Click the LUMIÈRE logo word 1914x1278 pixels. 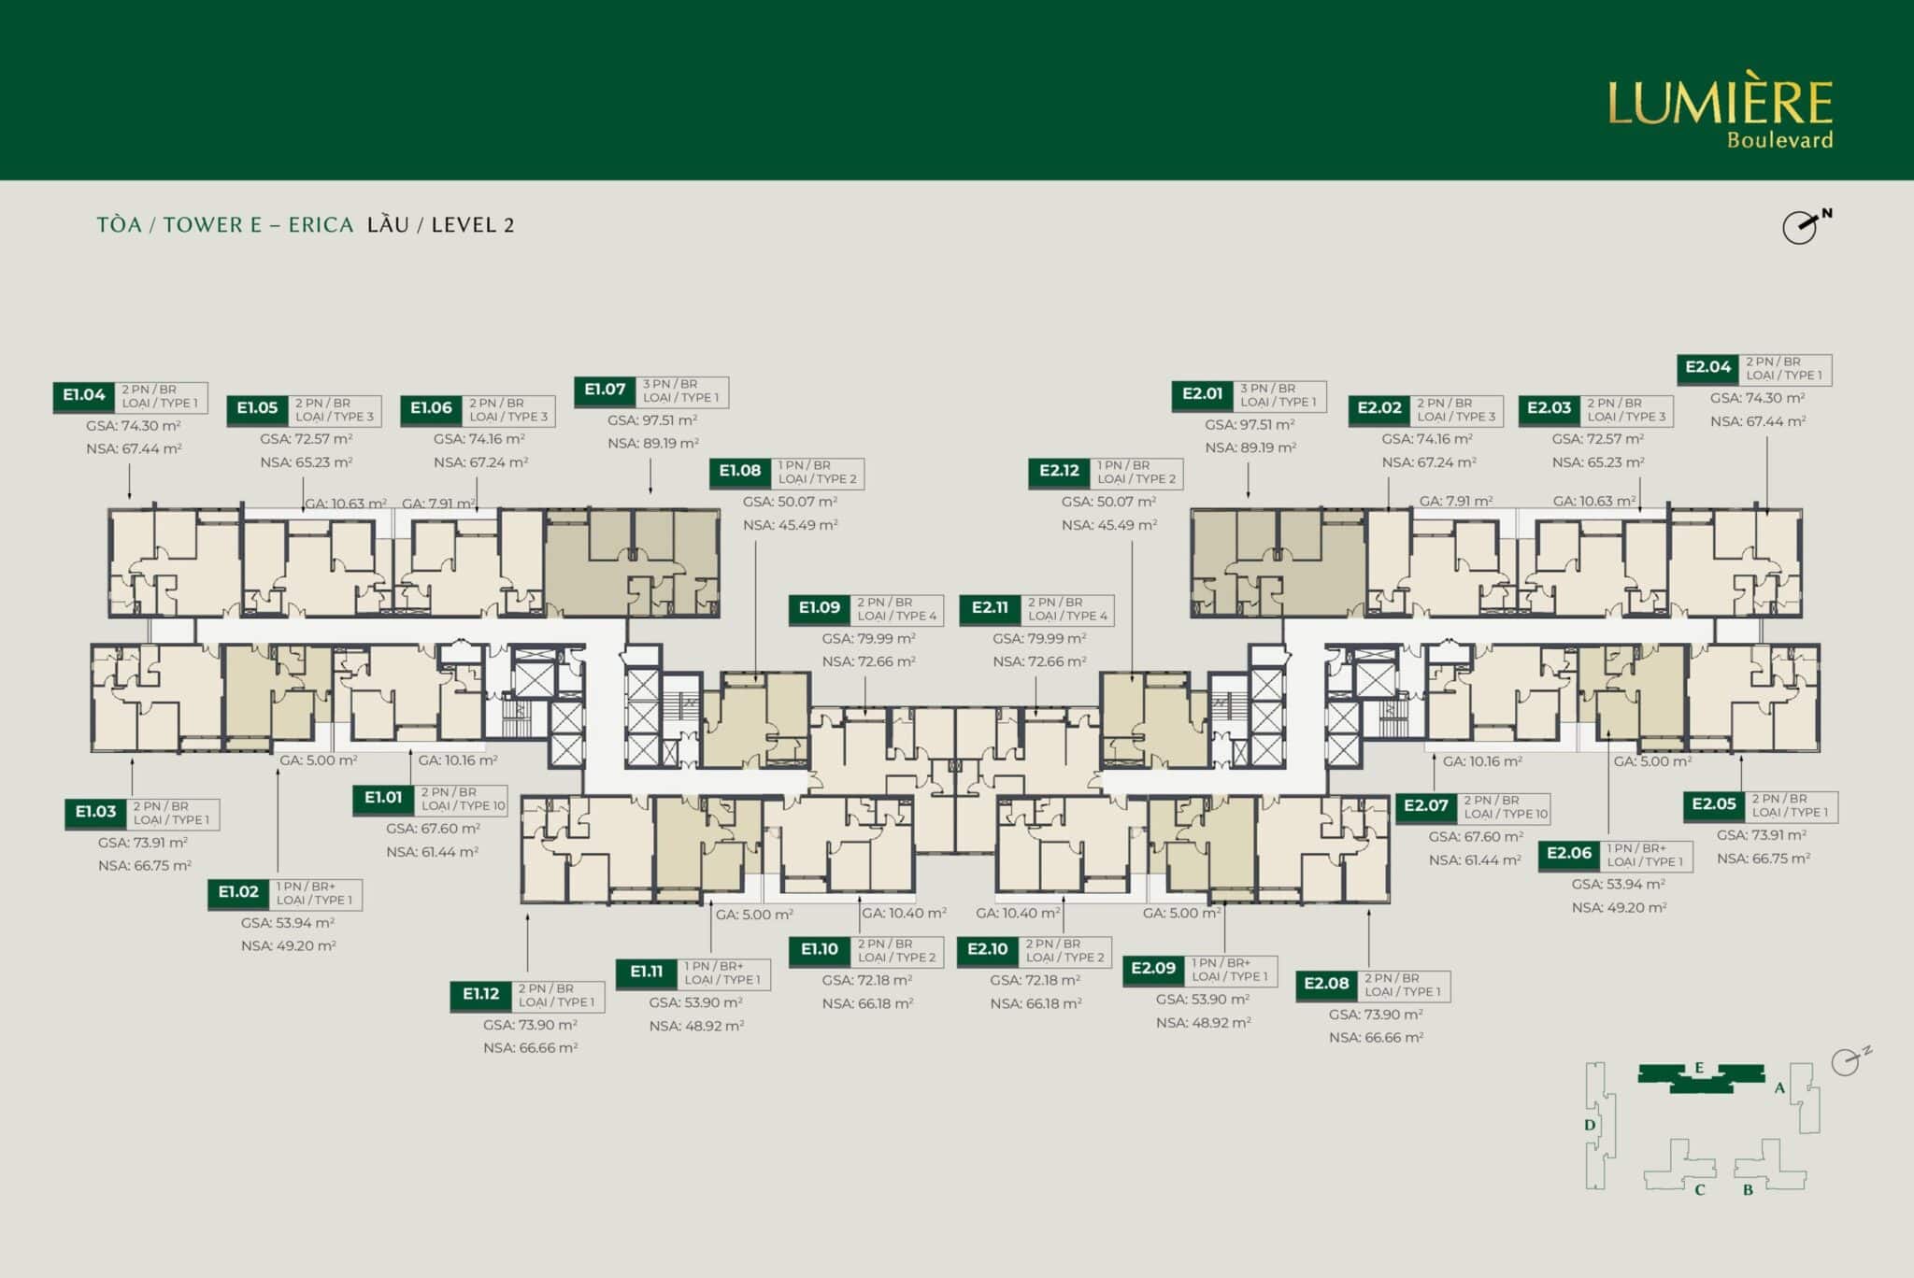pyautogui.click(x=1720, y=103)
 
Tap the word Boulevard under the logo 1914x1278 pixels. pyautogui.click(x=1779, y=140)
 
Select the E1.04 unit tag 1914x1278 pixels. pyautogui.click(x=84, y=395)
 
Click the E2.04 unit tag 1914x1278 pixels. pyautogui.click(x=1708, y=367)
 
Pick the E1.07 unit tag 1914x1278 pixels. pyautogui.click(x=605, y=390)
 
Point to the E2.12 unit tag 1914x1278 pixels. pyautogui.click(x=1059, y=471)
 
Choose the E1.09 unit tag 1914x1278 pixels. pyautogui.click(x=820, y=608)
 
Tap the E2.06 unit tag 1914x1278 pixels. pyautogui.click(x=1569, y=854)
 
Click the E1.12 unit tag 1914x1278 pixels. pyautogui.click(x=481, y=994)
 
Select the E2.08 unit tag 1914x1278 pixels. pyautogui.click(x=1326, y=984)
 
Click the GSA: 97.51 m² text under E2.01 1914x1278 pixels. pyautogui.click(x=1250, y=425)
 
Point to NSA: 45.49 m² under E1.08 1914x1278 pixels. pyautogui.click(x=791, y=525)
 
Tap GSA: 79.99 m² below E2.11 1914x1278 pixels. pyautogui.click(x=1039, y=639)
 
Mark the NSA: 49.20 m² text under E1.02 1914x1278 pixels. pyautogui.click(x=289, y=945)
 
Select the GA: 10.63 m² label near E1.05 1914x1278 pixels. pyautogui.click(x=346, y=504)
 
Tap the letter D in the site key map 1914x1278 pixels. pyautogui.click(x=1590, y=1125)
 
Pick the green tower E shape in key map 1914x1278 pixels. pyautogui.click(x=1701, y=1077)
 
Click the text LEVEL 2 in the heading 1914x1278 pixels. pyautogui.click(x=473, y=225)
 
